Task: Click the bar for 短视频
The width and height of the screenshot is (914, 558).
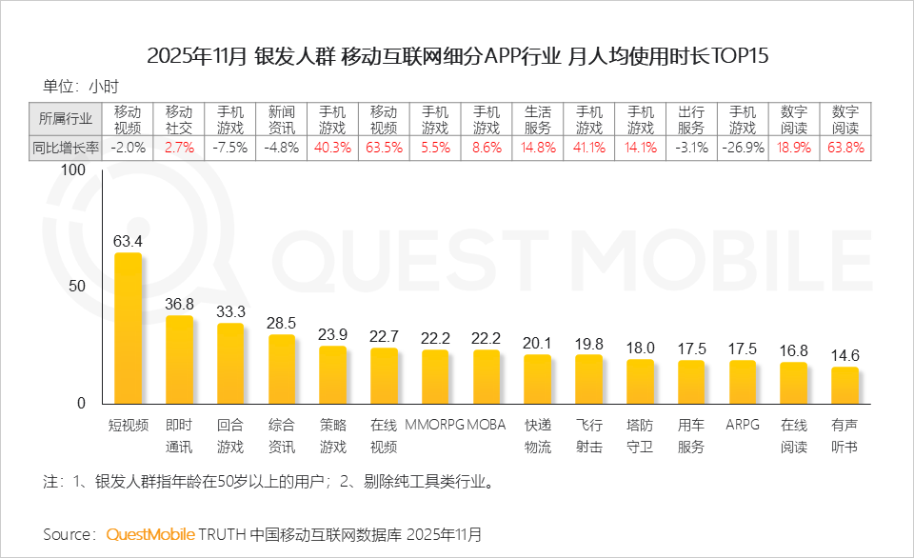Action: coord(128,329)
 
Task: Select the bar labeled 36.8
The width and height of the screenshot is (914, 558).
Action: coord(179,360)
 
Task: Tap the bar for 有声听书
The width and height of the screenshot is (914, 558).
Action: coord(844,386)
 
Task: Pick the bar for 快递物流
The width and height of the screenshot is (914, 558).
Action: coord(537,379)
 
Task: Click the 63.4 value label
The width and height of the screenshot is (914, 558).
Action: coord(128,241)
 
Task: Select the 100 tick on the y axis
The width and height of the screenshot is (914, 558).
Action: coord(73,169)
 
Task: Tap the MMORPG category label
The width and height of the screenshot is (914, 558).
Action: coord(435,424)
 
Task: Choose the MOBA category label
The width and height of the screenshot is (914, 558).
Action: coord(487,424)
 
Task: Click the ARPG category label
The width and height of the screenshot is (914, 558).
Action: coord(742,424)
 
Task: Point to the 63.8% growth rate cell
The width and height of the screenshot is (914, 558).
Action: coord(845,148)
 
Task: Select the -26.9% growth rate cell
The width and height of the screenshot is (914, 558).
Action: coord(743,148)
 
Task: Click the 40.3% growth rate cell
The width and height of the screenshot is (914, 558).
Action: coord(332,148)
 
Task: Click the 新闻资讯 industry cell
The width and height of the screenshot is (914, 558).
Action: coord(282,118)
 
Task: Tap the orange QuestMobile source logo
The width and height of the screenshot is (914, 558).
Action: coord(150,533)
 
